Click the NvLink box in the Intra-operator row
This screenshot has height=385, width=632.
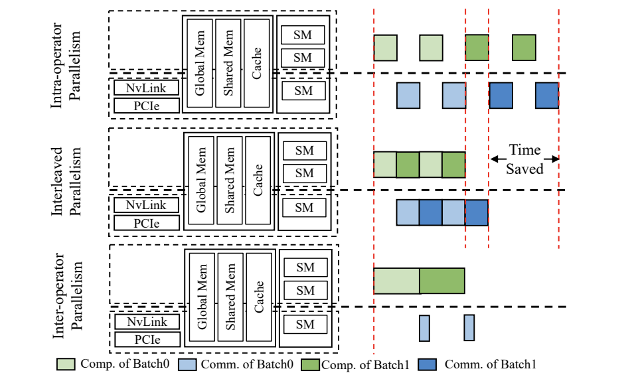click(x=146, y=88)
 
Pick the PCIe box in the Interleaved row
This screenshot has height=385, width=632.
click(x=146, y=222)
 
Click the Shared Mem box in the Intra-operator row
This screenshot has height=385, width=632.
click(x=229, y=63)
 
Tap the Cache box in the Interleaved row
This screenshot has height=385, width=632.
click(x=258, y=180)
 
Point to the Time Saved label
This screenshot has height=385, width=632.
click(x=524, y=159)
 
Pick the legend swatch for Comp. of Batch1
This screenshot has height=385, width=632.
click(x=311, y=364)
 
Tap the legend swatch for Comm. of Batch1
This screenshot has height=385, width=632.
click(x=428, y=364)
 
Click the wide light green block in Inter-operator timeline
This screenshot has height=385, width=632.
click(x=396, y=281)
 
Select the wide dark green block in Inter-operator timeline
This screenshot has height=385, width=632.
click(x=442, y=281)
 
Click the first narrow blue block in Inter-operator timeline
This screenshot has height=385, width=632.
click(x=424, y=328)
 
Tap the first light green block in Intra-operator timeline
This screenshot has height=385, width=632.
click(x=385, y=48)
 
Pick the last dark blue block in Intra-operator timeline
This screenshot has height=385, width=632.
click(x=547, y=96)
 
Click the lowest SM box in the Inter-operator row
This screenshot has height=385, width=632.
click(x=305, y=325)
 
